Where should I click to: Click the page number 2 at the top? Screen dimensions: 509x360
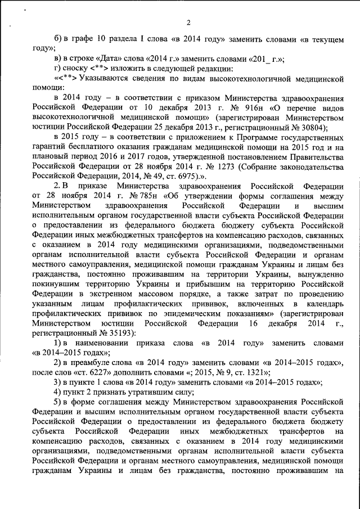188,22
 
